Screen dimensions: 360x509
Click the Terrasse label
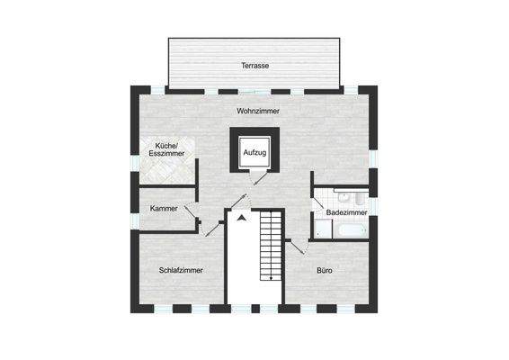coord(255,66)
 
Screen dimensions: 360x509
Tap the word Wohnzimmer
coord(258,111)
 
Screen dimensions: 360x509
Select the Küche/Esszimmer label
coord(166,149)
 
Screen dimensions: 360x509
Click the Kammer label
coord(165,209)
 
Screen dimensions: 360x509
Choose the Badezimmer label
coord(344,213)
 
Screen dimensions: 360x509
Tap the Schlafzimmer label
coord(180,270)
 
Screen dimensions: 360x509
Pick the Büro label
coord(325,270)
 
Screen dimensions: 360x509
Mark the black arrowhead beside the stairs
coord(241,217)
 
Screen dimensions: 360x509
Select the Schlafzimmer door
coord(214,226)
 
